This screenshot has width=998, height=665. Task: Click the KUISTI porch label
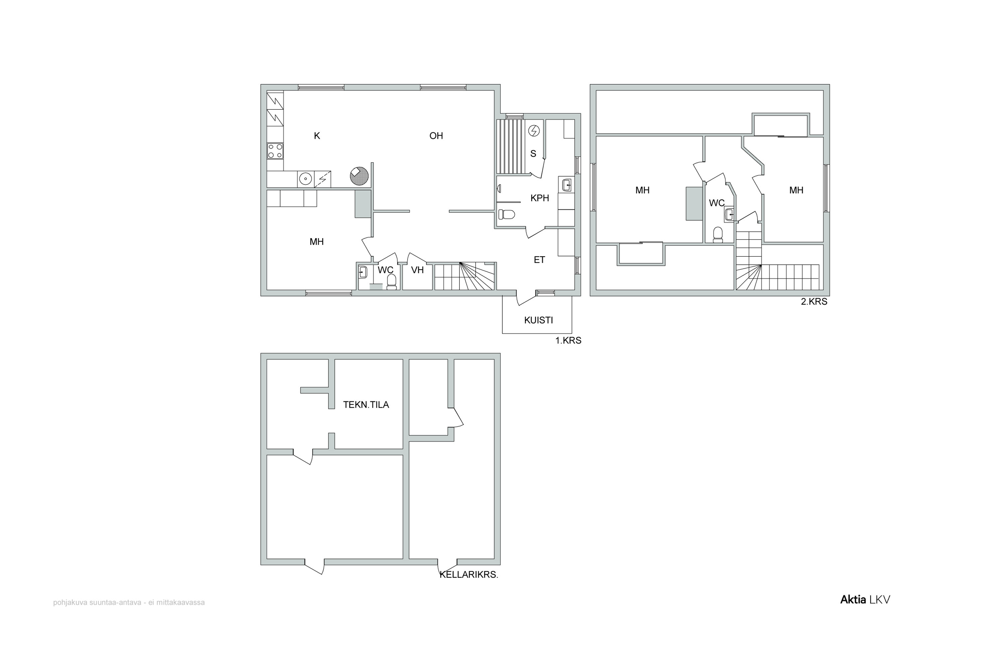tap(539, 320)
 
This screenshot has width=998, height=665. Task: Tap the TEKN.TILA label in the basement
tap(366, 405)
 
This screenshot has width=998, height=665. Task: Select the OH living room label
tap(436, 136)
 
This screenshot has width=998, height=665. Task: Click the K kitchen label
tap(317, 136)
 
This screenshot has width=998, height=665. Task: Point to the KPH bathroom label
tap(540, 198)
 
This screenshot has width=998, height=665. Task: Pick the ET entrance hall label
tap(539, 260)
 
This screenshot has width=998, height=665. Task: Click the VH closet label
tap(417, 270)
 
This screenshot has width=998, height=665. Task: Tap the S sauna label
tap(533, 154)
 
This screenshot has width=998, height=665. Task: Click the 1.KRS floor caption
tap(568, 340)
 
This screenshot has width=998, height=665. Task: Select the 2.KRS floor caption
tap(814, 302)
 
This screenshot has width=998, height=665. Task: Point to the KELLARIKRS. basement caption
tap(469, 575)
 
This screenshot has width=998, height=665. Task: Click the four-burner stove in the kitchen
tap(275, 151)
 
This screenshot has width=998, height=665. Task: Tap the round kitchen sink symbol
tap(305, 179)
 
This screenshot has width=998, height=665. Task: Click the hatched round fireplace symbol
tap(359, 176)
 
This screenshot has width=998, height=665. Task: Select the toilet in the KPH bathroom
tap(506, 214)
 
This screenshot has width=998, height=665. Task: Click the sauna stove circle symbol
tap(534, 131)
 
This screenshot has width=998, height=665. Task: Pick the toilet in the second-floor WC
tap(718, 235)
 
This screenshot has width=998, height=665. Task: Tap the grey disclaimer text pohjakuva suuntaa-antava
tap(129, 602)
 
